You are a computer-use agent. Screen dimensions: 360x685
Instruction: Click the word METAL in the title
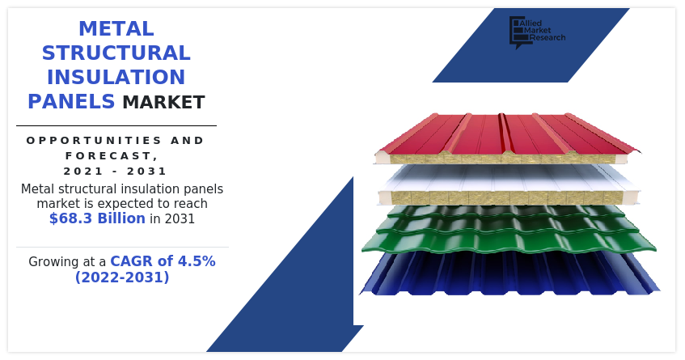(x=116, y=29)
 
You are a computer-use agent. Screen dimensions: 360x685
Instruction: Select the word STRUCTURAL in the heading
(x=116, y=53)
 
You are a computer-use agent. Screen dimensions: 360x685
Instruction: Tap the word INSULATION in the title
(x=116, y=78)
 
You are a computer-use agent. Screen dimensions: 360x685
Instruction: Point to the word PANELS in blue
(x=71, y=102)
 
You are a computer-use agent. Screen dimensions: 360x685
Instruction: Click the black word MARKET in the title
(x=163, y=103)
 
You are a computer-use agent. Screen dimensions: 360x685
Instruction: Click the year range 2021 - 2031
(x=116, y=171)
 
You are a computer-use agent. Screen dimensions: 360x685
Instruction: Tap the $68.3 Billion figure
(x=97, y=218)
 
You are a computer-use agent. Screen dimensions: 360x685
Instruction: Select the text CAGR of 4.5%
(x=163, y=261)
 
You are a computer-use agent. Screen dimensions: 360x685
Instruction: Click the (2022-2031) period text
(x=122, y=277)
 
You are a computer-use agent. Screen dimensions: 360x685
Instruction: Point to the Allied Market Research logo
(x=536, y=32)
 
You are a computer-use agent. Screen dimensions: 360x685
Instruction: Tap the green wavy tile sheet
(x=508, y=233)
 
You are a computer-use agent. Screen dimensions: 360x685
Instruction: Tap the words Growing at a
(x=67, y=262)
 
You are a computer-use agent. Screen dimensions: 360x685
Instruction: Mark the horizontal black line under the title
(x=116, y=125)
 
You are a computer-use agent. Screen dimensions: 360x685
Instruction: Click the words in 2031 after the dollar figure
(x=172, y=219)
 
